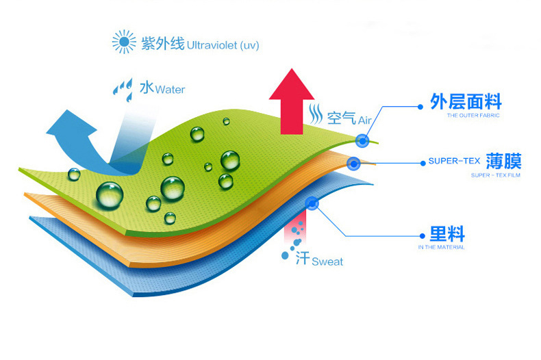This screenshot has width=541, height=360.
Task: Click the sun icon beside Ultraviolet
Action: [124, 43]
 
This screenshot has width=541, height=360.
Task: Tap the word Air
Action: [364, 120]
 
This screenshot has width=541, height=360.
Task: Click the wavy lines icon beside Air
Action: [316, 112]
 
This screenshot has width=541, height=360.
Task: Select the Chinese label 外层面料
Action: [466, 103]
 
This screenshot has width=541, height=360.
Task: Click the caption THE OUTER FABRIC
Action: [473, 116]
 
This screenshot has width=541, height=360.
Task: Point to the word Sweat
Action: [327, 262]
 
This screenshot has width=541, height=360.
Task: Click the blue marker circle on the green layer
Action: [362, 140]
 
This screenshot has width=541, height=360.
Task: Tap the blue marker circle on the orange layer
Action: [353, 164]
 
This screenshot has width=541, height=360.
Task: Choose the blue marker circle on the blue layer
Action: [312, 203]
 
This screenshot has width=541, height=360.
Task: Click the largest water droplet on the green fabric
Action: [110, 194]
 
